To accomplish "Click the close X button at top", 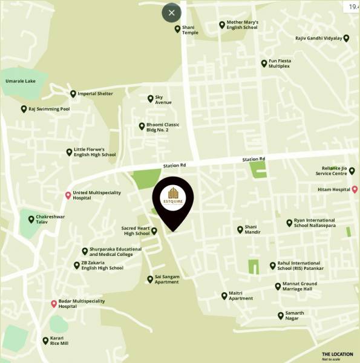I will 171,13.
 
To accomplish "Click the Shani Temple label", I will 190,30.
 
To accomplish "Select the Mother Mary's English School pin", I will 222,25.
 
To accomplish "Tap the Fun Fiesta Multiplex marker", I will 264,64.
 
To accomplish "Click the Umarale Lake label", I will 21,80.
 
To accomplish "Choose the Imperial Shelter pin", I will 73,94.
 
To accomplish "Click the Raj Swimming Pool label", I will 49,110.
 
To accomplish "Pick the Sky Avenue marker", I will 150,99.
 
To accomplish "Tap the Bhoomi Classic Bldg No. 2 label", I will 163,127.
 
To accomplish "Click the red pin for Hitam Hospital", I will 355,189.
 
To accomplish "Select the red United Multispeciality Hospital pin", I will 68,195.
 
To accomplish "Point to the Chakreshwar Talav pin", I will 31,219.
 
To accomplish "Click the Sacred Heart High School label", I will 136,231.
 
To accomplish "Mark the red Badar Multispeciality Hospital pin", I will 54,304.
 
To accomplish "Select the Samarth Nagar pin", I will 280,315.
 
